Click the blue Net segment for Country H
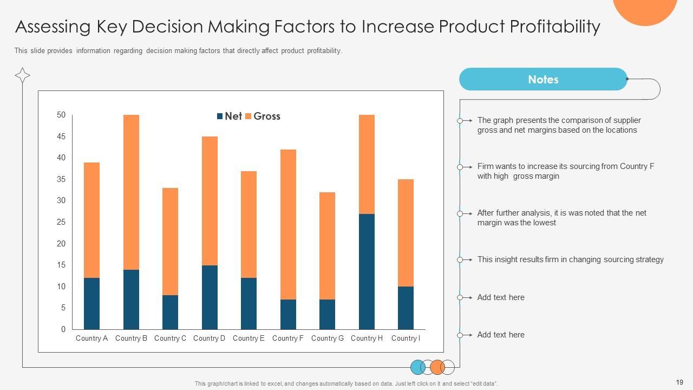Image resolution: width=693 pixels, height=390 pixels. [367, 271]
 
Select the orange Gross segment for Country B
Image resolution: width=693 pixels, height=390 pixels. [131, 192]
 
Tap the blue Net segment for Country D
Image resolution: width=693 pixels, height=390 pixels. [210, 297]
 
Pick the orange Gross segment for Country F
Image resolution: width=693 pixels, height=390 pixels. [288, 224]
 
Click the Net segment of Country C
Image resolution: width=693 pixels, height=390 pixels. [170, 312]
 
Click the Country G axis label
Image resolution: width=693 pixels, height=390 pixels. [327, 338]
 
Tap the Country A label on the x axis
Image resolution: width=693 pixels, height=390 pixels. [91, 338]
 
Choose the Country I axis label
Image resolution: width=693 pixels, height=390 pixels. [406, 338]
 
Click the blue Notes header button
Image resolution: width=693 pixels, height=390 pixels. [543, 79]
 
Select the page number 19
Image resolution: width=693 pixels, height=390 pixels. [680, 382]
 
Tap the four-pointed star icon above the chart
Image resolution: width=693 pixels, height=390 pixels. [22, 75]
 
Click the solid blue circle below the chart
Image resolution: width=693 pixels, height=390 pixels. [418, 367]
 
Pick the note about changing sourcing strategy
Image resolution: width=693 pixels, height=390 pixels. [570, 259]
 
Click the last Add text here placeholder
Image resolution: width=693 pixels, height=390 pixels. [500, 335]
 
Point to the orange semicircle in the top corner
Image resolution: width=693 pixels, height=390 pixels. [645, 10]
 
